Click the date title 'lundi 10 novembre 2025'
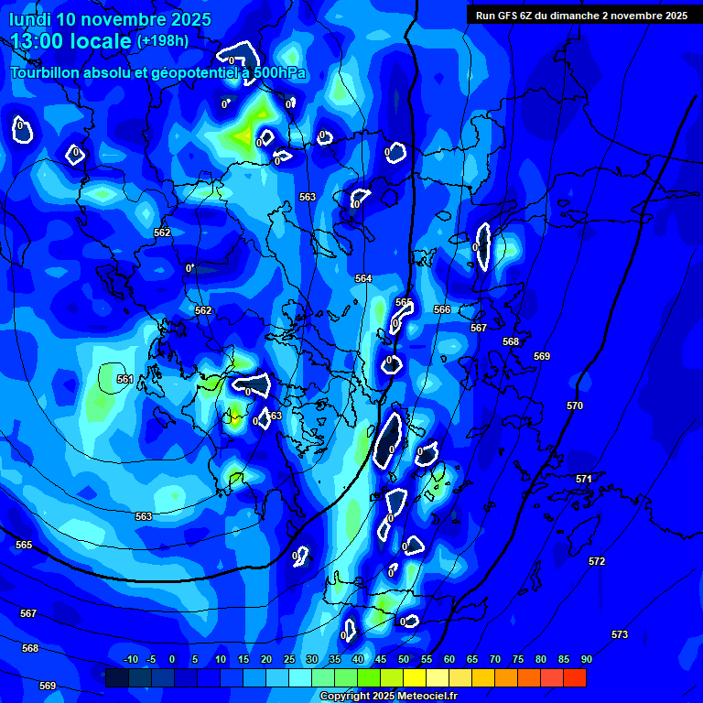[110, 19]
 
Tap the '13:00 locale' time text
[71, 41]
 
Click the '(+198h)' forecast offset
[163, 41]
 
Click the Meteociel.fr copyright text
[388, 697]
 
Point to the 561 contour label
[125, 379]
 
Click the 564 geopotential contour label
[363, 278]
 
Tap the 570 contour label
[575, 406]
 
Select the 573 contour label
[620, 634]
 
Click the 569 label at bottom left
[48, 686]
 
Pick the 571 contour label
[584, 479]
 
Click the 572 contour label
[597, 561]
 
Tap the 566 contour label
[442, 309]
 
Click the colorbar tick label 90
[586, 659]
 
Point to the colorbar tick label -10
[129, 659]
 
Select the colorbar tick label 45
[381, 659]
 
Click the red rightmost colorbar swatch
[575, 677]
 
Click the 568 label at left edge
[30, 648]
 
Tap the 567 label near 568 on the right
[479, 328]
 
